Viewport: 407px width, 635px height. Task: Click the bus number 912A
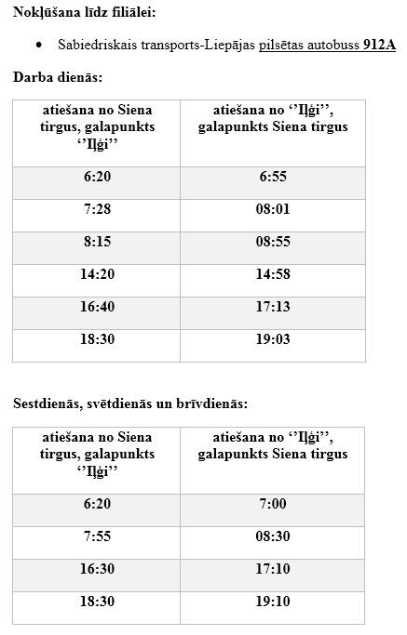(379, 44)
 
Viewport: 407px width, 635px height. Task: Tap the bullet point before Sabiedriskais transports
(38, 44)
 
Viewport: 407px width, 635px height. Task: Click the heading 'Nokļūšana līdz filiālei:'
(85, 11)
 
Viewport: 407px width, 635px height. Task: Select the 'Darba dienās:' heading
(58, 77)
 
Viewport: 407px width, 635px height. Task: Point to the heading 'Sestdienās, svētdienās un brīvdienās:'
(130, 403)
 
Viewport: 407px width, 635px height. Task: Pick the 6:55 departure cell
(273, 177)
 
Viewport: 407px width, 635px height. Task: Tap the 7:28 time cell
(97, 209)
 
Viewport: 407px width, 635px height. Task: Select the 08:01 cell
(273, 209)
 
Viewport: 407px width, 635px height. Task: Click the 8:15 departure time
(97, 242)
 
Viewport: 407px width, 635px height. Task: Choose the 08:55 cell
(273, 242)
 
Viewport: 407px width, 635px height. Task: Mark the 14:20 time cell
(97, 274)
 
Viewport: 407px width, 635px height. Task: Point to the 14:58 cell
(273, 274)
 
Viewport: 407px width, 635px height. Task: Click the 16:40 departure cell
(97, 307)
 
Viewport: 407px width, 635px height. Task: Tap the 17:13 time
(273, 307)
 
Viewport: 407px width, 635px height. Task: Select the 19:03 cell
(273, 339)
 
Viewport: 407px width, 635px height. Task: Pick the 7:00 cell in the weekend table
(273, 504)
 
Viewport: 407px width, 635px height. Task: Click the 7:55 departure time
(97, 536)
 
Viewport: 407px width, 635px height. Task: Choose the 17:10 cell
(273, 569)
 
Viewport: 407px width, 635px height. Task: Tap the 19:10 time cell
(273, 602)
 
